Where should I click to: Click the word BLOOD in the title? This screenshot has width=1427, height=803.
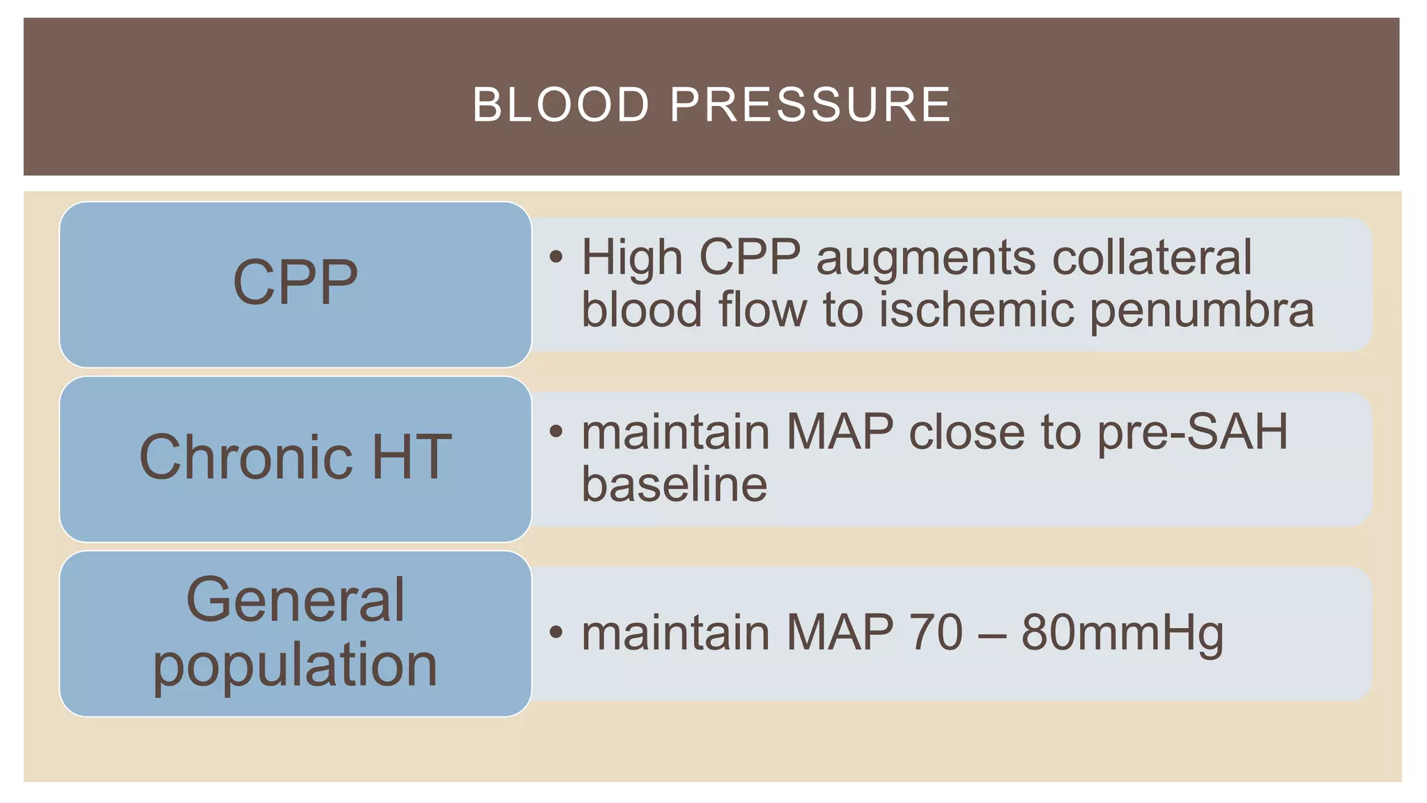(561, 105)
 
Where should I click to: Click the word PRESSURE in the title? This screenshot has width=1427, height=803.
(810, 105)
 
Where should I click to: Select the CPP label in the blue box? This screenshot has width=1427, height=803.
(295, 282)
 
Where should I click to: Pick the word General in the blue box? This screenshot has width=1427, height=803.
(295, 600)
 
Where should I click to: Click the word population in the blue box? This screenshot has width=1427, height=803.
(295, 665)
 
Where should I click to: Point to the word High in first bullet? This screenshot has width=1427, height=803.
(631, 258)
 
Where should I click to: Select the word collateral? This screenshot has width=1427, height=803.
(1152, 258)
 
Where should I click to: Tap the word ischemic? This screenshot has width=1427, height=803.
(976, 309)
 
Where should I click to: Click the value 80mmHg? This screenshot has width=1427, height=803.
(1123, 634)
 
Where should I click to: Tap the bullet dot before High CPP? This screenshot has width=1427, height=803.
(555, 257)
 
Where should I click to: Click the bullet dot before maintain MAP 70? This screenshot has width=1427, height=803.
(555, 632)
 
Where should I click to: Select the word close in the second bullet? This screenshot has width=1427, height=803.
(966, 432)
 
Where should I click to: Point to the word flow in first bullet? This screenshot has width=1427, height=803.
(762, 309)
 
